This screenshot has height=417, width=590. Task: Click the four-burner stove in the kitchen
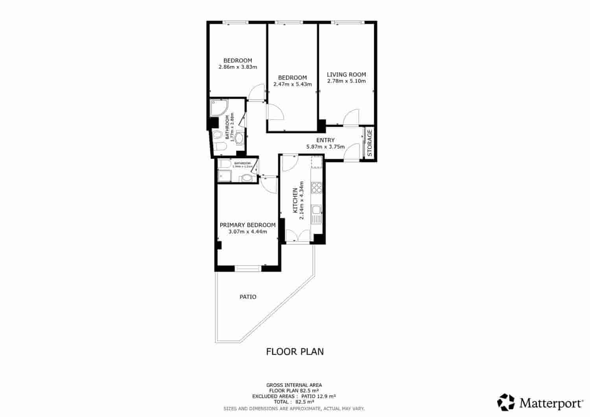[317, 188]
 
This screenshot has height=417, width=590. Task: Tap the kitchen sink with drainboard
[317, 214]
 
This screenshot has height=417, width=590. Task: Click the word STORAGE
[370, 143]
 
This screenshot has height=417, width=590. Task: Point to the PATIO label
[248, 297]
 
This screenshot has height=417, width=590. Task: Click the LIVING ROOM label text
[346, 74]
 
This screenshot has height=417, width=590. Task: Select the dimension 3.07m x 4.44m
[247, 231]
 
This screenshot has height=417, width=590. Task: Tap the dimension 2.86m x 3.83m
[238, 67]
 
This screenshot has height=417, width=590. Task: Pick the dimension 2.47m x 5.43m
[292, 84]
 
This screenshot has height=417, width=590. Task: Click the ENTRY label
[325, 140]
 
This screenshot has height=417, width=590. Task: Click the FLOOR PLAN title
[295, 351]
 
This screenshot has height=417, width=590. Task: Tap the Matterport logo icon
[506, 402]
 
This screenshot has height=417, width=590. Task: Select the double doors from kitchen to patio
[298, 236]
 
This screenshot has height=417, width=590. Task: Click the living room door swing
[351, 117]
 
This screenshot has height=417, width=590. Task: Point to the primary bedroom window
[248, 269]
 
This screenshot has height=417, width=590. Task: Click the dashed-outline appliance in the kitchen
[317, 162]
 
